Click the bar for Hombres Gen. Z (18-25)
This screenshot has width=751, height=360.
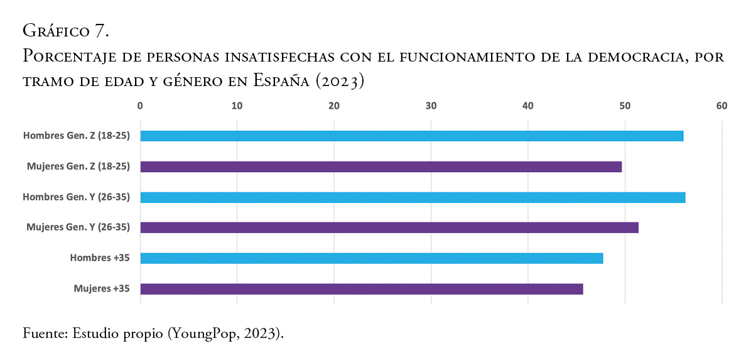pyautogui.click(x=411, y=136)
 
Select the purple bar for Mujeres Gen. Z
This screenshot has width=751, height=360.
pyautogui.click(x=381, y=166)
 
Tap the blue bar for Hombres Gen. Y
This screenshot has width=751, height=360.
pyautogui.click(x=413, y=197)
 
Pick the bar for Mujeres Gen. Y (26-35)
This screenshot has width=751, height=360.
pyautogui.click(x=389, y=227)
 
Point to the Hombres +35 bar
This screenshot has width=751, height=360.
pyautogui.click(x=371, y=258)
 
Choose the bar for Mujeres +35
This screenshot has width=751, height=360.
pyautogui.click(x=361, y=289)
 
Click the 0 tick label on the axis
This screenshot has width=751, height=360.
pyautogui.click(x=140, y=106)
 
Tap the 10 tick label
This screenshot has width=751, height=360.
pyautogui.click(x=237, y=106)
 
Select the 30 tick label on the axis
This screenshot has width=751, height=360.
pyautogui.click(x=431, y=106)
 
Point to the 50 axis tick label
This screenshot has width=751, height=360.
pyautogui.click(x=625, y=106)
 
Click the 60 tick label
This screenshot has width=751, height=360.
pyautogui.click(x=721, y=106)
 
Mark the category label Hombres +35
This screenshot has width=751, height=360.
pyautogui.click(x=100, y=258)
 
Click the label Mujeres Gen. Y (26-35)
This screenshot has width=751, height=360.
pyautogui.click(x=78, y=227)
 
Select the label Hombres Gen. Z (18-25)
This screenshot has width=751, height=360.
pyautogui.click(x=77, y=136)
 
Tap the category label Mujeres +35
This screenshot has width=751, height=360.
pyautogui.click(x=102, y=289)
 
